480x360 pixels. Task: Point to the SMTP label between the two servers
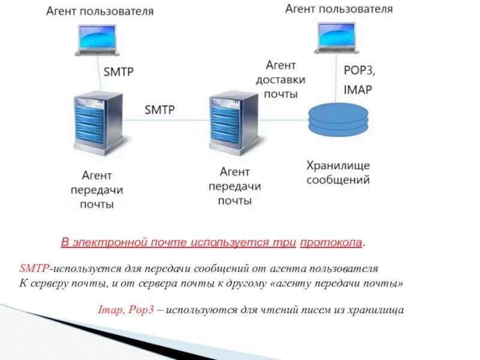pyautogui.click(x=159, y=110)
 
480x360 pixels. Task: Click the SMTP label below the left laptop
pyautogui.click(x=119, y=72)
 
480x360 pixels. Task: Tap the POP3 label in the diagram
pyautogui.click(x=359, y=70)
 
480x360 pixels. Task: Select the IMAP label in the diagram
pyautogui.click(x=358, y=89)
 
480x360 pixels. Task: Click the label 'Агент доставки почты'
pyautogui.click(x=280, y=79)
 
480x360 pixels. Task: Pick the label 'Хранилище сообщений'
pyautogui.click(x=338, y=172)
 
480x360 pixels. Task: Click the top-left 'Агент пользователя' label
pyautogui.click(x=100, y=11)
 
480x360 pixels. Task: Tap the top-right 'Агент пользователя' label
pyautogui.click(x=339, y=9)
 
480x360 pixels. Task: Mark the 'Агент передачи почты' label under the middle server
pyautogui.click(x=234, y=186)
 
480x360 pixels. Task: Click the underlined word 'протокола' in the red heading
pyautogui.click(x=332, y=242)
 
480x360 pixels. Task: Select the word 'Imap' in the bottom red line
pyautogui.click(x=109, y=310)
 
